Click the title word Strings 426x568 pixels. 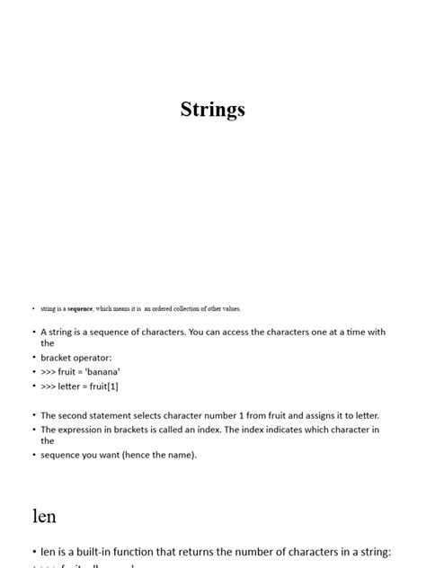(x=212, y=111)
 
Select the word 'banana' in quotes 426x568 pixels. (x=101, y=371)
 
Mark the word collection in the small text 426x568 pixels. (x=181, y=308)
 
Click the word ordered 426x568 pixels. (x=153, y=308)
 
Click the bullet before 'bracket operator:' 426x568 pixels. (x=32, y=357)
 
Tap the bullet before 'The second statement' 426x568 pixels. (x=32, y=415)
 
